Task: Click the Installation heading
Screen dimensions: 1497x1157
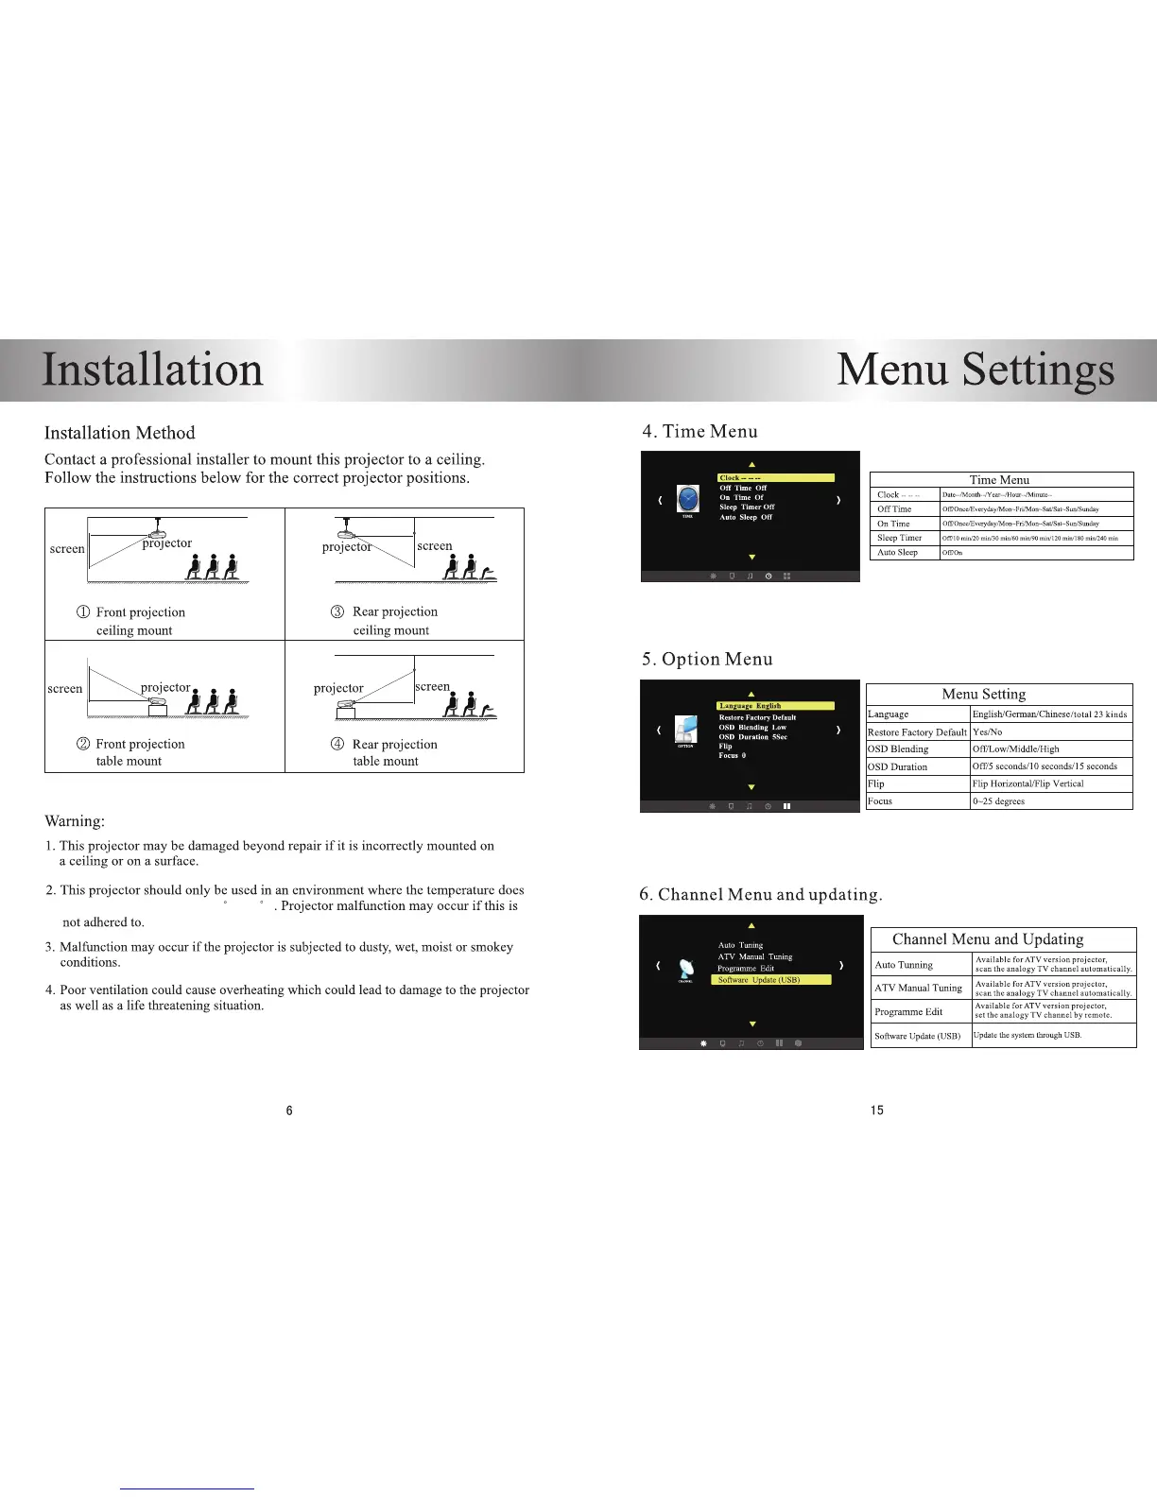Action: point(152,370)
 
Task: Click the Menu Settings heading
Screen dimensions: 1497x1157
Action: point(975,370)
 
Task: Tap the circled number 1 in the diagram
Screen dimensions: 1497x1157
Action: point(83,612)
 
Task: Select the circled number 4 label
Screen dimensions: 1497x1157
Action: point(337,744)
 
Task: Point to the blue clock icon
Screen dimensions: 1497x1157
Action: point(688,498)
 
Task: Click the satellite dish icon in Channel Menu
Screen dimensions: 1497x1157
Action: point(686,969)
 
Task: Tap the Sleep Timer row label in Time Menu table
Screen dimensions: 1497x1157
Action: point(899,538)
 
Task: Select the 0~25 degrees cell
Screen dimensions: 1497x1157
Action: point(998,801)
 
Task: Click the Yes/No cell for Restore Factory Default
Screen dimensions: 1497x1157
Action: point(987,732)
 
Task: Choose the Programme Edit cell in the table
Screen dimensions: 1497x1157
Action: point(908,1011)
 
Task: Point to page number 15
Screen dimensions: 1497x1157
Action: point(877,1110)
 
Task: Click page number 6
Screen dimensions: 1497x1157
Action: point(289,1110)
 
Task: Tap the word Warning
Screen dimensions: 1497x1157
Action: point(75,821)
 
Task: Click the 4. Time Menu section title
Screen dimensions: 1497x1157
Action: point(699,432)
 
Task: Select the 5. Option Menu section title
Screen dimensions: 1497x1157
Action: point(707,660)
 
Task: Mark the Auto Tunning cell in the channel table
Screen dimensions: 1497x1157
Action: point(904,965)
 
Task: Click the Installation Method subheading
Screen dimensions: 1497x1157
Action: point(119,433)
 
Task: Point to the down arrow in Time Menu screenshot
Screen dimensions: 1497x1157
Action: point(752,558)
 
